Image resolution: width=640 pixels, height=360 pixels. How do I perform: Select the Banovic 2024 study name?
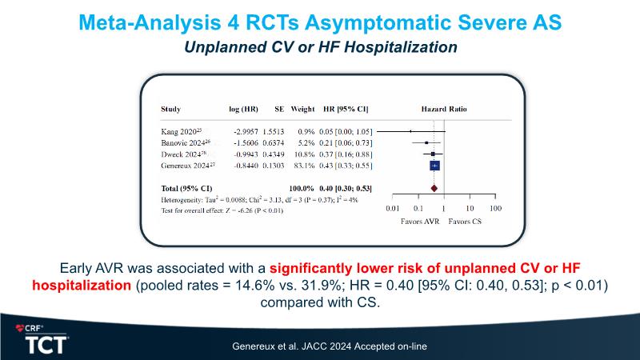pyautogui.click(x=183, y=141)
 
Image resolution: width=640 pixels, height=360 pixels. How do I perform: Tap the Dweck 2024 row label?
pyautogui.click(x=181, y=153)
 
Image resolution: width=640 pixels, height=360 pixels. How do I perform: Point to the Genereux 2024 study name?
pyautogui.click(x=186, y=165)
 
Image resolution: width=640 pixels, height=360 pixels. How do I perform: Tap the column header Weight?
pyautogui.click(x=302, y=109)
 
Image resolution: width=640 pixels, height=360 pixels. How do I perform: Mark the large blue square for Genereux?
pyautogui.click(x=434, y=165)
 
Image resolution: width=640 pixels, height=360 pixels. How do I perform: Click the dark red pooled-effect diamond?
pyautogui.click(x=434, y=188)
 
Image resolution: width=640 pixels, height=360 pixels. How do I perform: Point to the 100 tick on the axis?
pyautogui.click(x=495, y=208)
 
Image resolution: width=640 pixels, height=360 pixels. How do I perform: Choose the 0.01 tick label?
pyautogui.click(x=392, y=208)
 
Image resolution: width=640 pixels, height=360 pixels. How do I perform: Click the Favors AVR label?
pyautogui.click(x=419, y=221)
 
